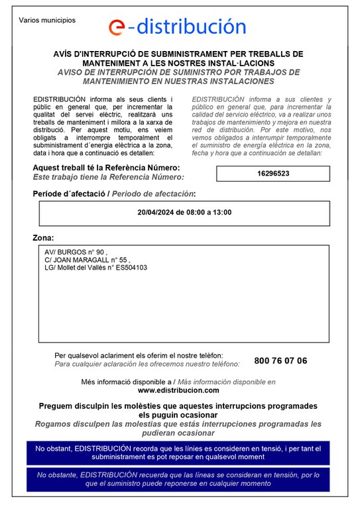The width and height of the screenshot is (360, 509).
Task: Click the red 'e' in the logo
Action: pos(117,27)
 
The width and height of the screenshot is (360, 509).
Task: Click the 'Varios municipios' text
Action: pos(47,20)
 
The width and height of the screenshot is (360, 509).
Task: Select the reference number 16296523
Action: pos(273,174)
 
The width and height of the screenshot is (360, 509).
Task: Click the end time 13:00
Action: pos(221,213)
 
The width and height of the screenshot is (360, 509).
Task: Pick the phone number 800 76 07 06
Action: pos(280,361)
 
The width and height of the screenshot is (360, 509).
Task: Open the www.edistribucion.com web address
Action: pos(178,391)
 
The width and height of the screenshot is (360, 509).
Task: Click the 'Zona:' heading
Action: pos(44,237)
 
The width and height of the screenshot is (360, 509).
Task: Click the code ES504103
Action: pos(131,268)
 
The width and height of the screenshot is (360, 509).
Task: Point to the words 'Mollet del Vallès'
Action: pos(82,268)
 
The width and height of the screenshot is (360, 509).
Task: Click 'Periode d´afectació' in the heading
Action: pos(70,194)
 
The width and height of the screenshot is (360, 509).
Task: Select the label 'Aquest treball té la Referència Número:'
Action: pos(106,167)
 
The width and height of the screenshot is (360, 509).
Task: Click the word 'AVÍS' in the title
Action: pos(64,54)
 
